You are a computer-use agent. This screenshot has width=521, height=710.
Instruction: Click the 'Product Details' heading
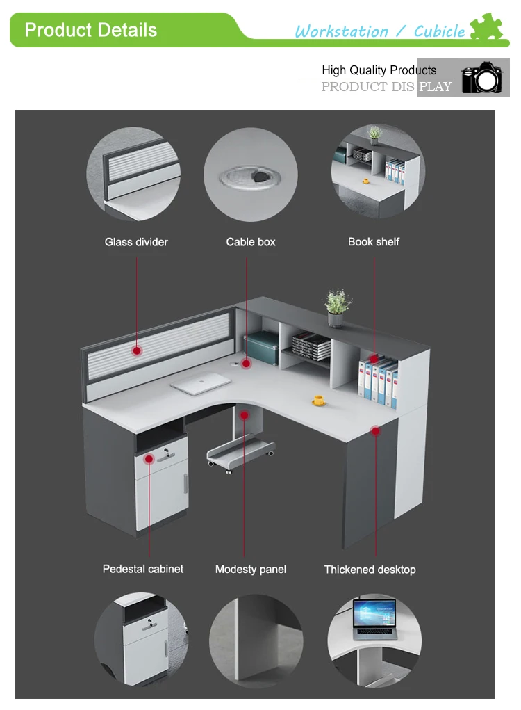click(x=90, y=30)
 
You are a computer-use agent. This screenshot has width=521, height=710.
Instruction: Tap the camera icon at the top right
click(x=481, y=78)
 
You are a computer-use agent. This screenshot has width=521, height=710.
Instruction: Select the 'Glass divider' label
click(x=136, y=242)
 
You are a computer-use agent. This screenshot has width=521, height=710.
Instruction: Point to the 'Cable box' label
click(x=251, y=242)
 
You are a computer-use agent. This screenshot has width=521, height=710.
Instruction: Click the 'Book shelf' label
click(x=374, y=242)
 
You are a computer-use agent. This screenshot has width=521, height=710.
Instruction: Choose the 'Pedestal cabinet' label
click(x=143, y=569)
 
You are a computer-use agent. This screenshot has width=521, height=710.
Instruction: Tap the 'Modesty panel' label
click(x=251, y=570)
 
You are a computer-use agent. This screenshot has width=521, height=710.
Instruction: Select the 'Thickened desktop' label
click(x=370, y=570)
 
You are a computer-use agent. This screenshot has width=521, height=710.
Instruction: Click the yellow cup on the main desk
click(x=319, y=400)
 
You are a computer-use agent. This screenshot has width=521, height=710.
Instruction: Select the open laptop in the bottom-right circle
click(x=374, y=620)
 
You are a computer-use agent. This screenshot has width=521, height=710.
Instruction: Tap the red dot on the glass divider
click(x=137, y=350)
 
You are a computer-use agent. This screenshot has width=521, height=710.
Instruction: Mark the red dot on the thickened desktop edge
click(x=376, y=431)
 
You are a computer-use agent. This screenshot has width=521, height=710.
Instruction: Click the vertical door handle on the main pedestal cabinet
click(x=185, y=483)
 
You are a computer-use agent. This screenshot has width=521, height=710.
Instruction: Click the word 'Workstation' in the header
click(x=341, y=31)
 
